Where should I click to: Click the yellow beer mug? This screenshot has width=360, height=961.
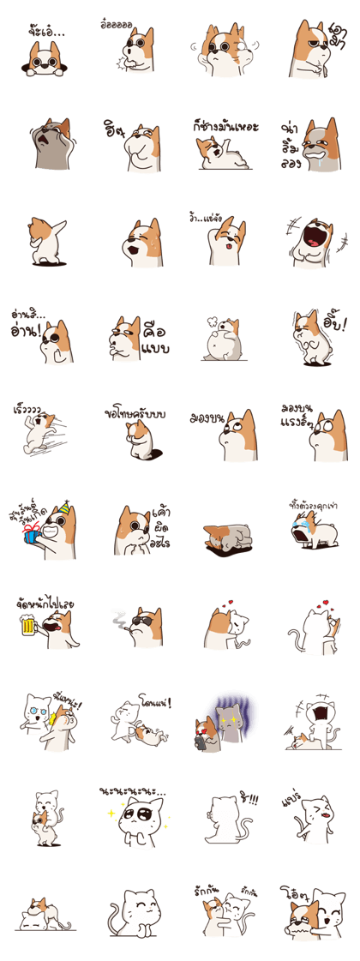(x=27, y=627)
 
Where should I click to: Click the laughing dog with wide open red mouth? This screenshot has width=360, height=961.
(x=310, y=243)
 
